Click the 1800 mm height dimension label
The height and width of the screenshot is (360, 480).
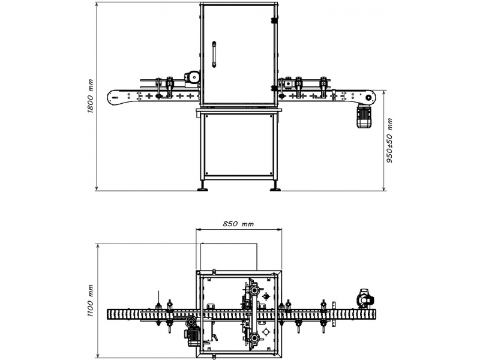tap(91, 96)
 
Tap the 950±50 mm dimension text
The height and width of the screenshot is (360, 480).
tap(389, 140)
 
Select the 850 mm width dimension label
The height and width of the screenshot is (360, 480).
tap(238, 224)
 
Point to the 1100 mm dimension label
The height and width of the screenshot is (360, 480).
tap(91, 301)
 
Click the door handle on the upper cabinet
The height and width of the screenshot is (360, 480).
tap(214, 54)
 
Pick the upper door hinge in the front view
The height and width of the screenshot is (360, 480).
tap(274, 20)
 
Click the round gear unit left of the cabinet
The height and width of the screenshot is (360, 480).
tap(193, 77)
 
